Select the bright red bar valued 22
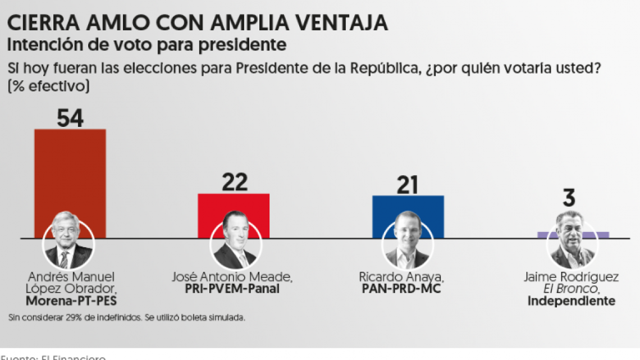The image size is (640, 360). click(234, 205)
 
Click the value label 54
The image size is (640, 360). click(70, 119)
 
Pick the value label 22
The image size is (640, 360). click(234, 183)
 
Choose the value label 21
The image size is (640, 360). click(408, 184)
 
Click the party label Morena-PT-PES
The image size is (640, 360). click(71, 301)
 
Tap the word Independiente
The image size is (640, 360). click(571, 301)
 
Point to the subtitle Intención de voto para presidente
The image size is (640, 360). click(147, 44)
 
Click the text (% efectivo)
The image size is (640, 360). click(48, 87)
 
